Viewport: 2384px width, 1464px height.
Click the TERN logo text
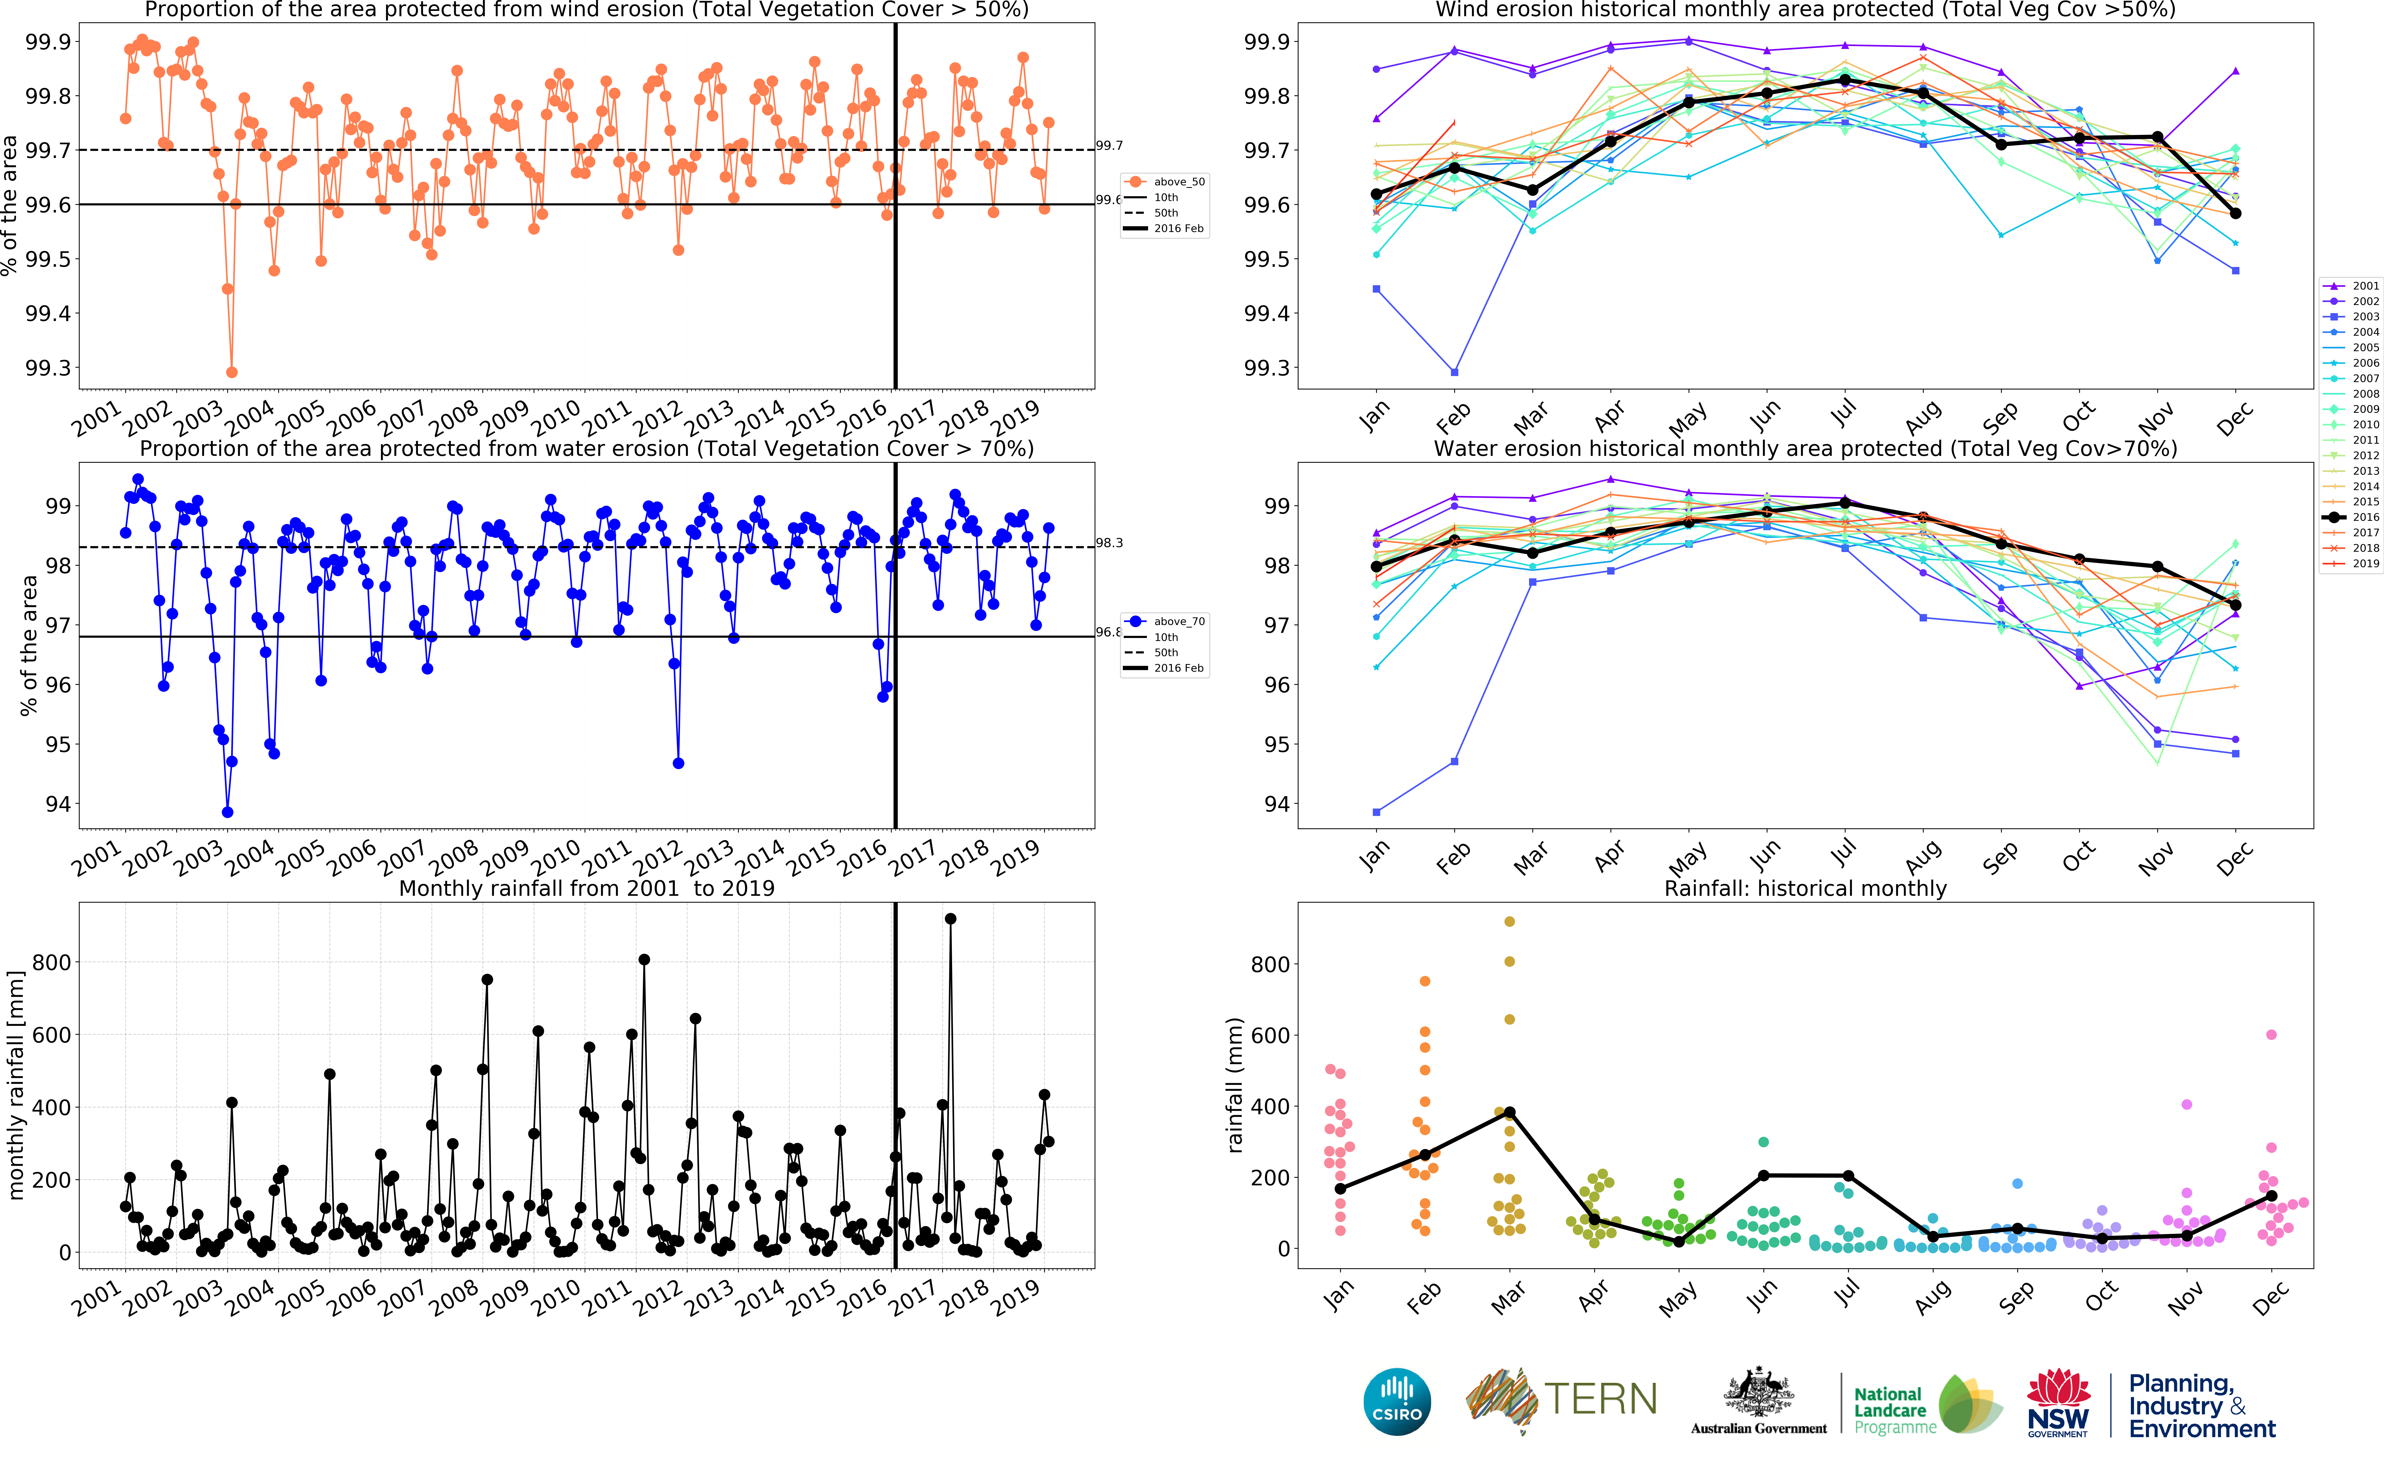(x=1600, y=1399)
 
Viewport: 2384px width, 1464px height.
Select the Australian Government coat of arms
(x=1758, y=1394)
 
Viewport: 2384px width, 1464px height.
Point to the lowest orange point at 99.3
(x=232, y=372)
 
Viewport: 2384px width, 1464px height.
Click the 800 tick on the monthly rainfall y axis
(x=51, y=962)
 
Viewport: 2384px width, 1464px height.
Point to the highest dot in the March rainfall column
(x=1509, y=922)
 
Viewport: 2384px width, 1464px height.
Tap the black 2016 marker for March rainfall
(x=1509, y=1113)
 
